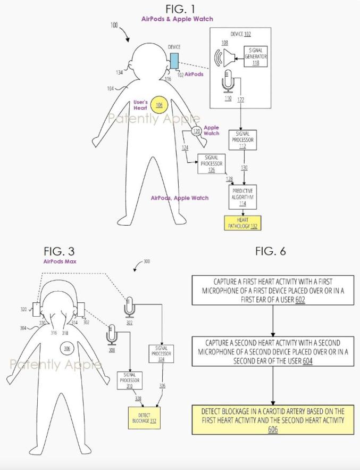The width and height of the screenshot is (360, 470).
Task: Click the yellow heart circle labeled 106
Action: [x=159, y=105]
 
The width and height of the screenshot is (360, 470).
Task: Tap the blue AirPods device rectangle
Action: [x=174, y=61]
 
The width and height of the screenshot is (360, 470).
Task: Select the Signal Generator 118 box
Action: [x=255, y=56]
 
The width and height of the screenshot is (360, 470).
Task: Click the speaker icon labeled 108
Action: [x=224, y=58]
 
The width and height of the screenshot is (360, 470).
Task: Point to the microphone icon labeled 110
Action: [x=228, y=81]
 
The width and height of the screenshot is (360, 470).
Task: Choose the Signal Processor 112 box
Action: [x=242, y=140]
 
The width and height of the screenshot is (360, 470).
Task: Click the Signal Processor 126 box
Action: [x=211, y=163]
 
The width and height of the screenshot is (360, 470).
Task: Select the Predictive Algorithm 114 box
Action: [x=242, y=197]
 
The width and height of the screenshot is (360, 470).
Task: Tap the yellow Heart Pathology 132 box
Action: [x=242, y=223]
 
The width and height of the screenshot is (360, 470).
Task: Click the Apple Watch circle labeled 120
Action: [x=196, y=131]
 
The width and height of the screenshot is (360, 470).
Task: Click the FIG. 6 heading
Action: [x=271, y=251]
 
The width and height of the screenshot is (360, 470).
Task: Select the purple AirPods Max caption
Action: [x=60, y=261]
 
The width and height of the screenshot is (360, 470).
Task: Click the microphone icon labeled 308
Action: [x=112, y=335]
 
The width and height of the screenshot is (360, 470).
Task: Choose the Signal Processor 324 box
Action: [x=161, y=354]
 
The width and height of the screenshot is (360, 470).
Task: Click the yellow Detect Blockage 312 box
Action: [x=144, y=418]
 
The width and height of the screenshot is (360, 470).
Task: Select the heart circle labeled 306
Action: [x=67, y=348]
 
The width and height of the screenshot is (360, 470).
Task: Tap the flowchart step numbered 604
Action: [x=273, y=351]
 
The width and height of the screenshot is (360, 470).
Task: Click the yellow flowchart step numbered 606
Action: [x=273, y=419]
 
